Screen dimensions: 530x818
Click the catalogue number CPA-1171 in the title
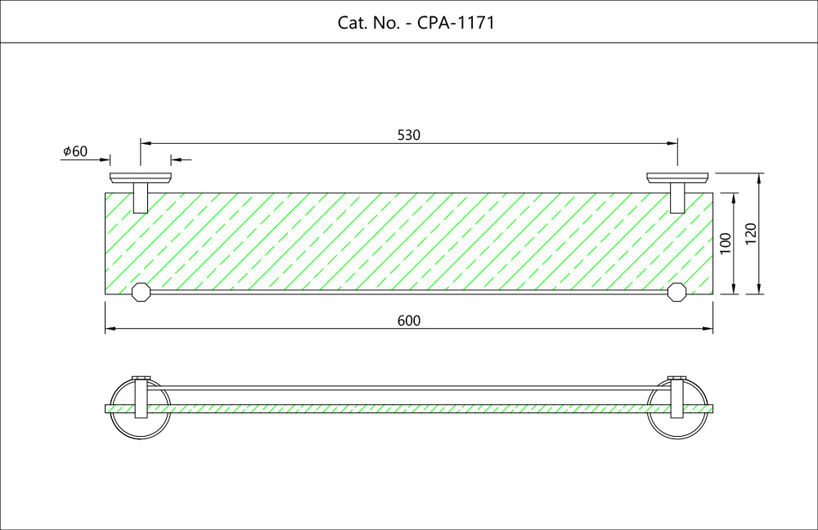click(x=456, y=23)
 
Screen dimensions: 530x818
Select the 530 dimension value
click(x=409, y=135)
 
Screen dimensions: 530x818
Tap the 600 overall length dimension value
click(x=409, y=321)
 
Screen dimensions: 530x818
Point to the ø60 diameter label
click(x=74, y=152)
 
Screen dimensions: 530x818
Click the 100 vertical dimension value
click(x=724, y=244)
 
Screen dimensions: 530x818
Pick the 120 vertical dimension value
click(x=752, y=234)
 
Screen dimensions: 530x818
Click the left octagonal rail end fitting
click(x=141, y=292)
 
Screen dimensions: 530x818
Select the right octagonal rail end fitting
click(x=676, y=292)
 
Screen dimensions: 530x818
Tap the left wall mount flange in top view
click(x=141, y=177)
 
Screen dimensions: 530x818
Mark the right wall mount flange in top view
click(x=677, y=177)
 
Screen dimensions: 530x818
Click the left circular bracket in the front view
click(x=141, y=408)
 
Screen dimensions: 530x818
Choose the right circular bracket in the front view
click(x=676, y=408)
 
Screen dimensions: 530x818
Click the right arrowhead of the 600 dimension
click(x=708, y=330)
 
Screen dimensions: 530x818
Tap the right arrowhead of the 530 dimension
click(x=673, y=143)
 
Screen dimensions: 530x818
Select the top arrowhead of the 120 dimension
click(x=761, y=177)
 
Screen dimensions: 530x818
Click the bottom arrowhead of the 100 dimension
click(x=735, y=289)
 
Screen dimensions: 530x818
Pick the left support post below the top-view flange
click(x=141, y=198)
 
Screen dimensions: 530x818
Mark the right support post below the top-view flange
click(x=677, y=198)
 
